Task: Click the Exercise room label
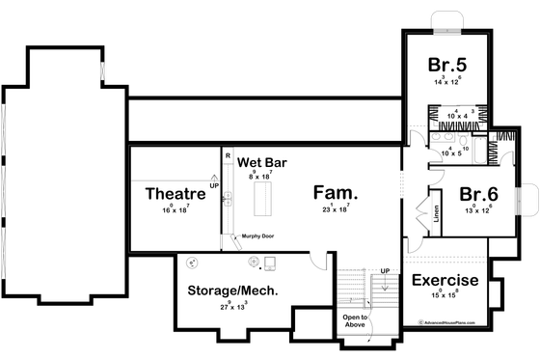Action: pyautogui.click(x=446, y=282)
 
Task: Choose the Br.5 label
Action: pyautogui.click(x=448, y=66)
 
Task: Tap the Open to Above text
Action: pyautogui.click(x=357, y=320)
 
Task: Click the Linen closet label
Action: pyautogui.click(x=436, y=213)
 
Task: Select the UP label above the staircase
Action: pyautogui.click(x=386, y=270)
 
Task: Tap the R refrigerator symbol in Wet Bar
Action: pyautogui.click(x=228, y=154)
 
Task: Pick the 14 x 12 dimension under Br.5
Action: pyautogui.click(x=449, y=83)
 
